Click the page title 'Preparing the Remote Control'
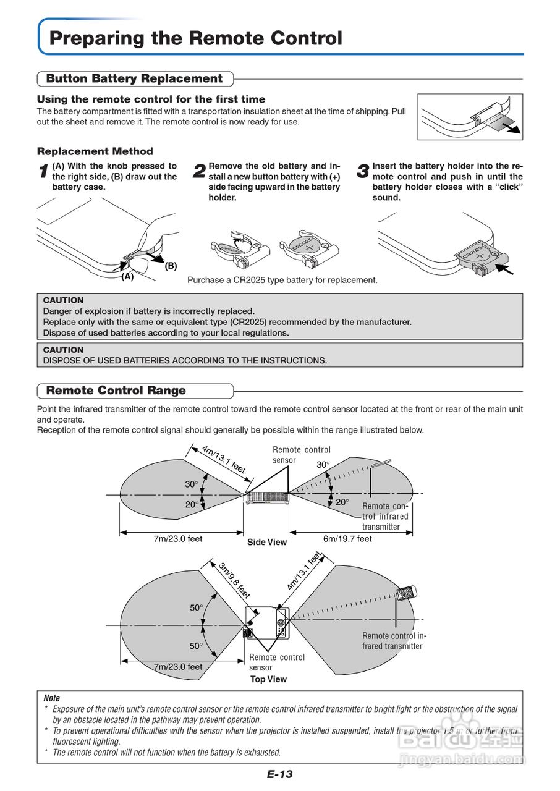click(x=195, y=38)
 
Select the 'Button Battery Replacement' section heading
click(x=134, y=78)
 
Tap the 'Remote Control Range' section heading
click(x=116, y=391)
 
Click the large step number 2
click(x=199, y=172)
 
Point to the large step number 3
click(x=363, y=172)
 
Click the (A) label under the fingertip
click(x=127, y=277)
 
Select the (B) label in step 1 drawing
click(x=171, y=266)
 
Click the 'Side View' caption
click(x=267, y=543)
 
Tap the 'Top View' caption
click(x=268, y=679)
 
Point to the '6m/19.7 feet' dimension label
click(x=347, y=539)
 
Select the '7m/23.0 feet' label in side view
click(x=178, y=539)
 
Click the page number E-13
click(x=279, y=774)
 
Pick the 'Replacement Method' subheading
click(x=95, y=151)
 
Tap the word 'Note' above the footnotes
click(x=52, y=698)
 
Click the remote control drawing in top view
click(x=406, y=593)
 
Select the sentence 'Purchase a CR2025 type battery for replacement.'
click(x=282, y=280)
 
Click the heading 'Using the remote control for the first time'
click(x=151, y=99)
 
